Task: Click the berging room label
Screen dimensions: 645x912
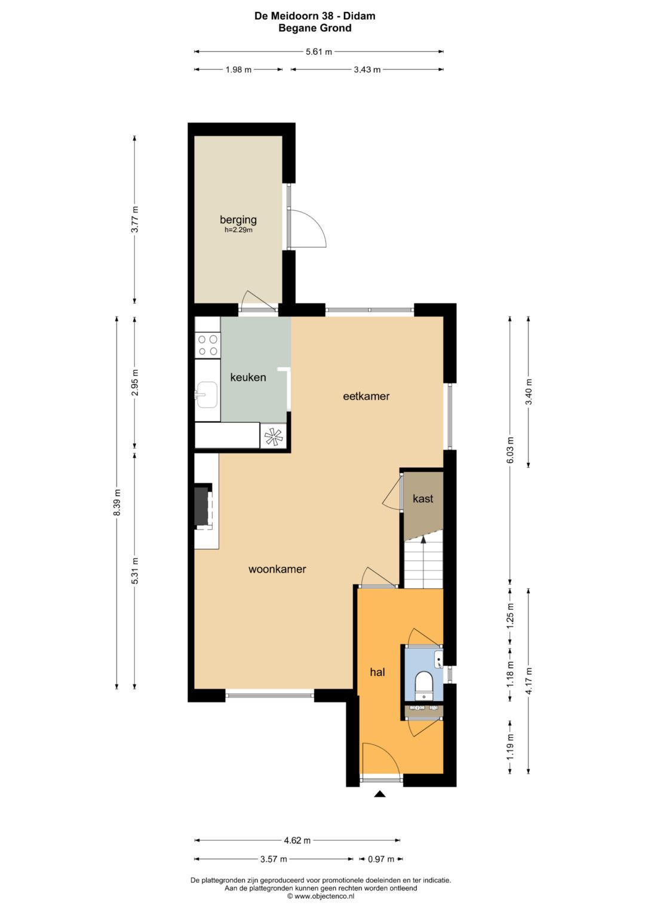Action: (238, 220)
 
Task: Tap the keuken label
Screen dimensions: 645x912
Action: (248, 377)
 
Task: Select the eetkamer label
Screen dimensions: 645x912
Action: (366, 396)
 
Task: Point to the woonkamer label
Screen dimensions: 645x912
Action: (277, 569)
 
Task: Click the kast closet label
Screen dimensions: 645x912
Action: (423, 499)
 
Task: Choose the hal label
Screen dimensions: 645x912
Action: (377, 672)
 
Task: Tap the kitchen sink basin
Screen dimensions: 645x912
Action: (207, 395)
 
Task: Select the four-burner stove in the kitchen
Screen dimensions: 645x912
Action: (208, 345)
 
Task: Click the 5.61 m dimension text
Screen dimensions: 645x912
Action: (319, 52)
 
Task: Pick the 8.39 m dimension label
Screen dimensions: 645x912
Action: (117, 502)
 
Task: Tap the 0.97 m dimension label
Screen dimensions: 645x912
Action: (381, 859)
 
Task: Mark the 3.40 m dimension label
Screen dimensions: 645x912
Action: (529, 392)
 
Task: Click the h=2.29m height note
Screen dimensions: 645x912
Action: (238, 230)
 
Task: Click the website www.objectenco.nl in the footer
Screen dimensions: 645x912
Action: (321, 896)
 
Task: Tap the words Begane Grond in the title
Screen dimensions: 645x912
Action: (315, 28)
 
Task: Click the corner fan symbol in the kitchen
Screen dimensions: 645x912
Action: (274, 437)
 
